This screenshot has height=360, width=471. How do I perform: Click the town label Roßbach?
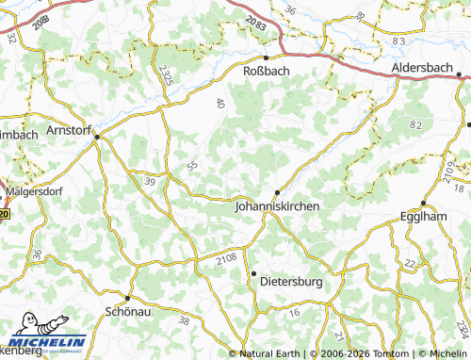tap(266, 70)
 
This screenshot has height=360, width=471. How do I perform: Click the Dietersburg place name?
tap(291, 281)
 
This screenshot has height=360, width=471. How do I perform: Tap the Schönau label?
tap(126, 309)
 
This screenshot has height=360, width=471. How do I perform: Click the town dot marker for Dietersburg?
tap(253, 273)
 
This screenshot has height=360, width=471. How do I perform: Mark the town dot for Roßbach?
tap(267, 57)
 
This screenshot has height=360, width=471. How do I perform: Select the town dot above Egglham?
tap(424, 203)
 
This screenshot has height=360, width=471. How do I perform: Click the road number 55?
tap(193, 165)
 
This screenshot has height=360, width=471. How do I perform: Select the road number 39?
tap(150, 180)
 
